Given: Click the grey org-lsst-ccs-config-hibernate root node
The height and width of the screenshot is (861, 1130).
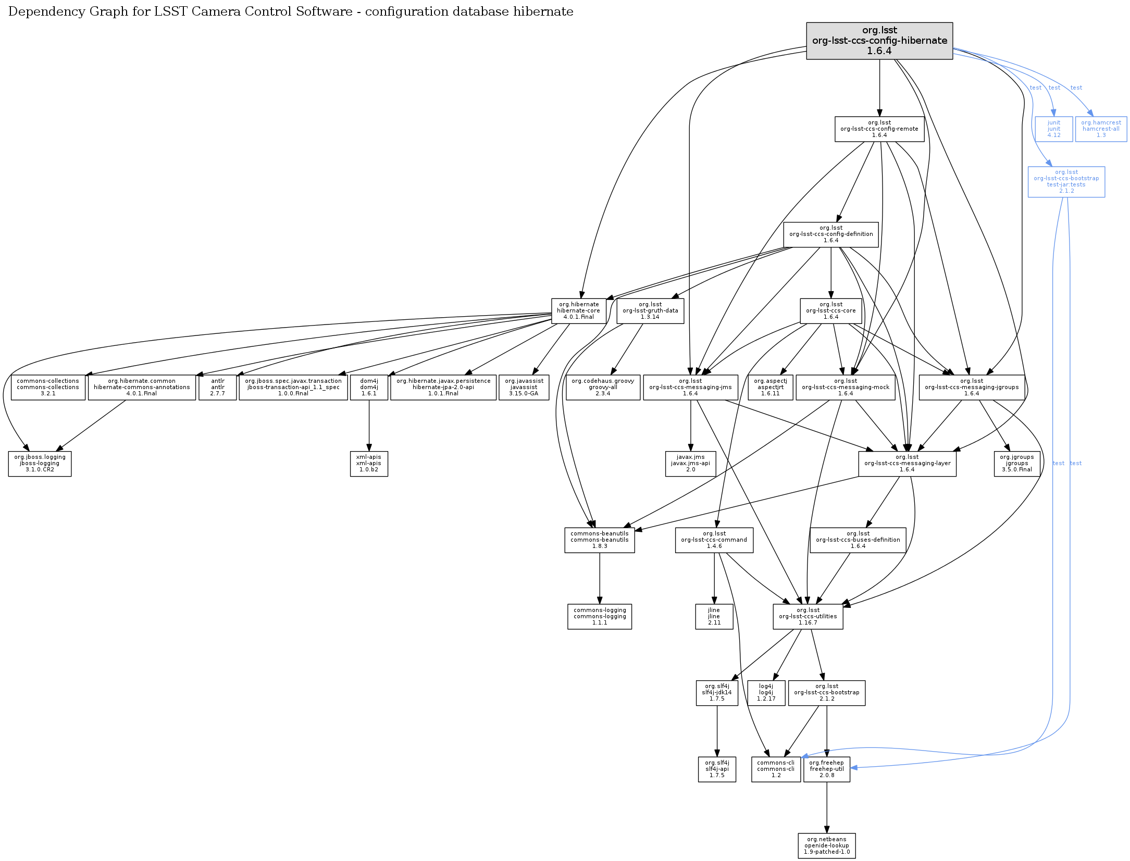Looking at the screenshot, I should coord(879,41).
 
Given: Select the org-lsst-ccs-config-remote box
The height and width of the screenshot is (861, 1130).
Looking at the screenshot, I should coord(879,129).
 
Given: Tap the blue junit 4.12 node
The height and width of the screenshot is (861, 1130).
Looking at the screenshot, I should coord(1053,129).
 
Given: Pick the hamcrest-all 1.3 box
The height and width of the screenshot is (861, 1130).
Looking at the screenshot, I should coord(1101,129).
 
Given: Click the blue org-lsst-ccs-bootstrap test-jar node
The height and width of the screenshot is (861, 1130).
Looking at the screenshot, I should coord(1066,181).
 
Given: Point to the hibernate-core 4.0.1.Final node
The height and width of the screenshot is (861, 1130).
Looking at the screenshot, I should coord(578,310).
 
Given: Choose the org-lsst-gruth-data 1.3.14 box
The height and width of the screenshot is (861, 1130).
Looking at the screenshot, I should coord(650,310).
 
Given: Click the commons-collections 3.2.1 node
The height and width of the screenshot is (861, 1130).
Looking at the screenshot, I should coord(48,387).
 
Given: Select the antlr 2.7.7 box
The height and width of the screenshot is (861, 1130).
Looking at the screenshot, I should coord(218,387).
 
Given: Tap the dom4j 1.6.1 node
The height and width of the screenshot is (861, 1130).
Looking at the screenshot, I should coord(369,387).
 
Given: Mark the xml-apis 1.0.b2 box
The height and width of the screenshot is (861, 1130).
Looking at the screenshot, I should coord(369,463).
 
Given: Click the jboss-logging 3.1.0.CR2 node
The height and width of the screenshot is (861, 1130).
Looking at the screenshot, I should coord(40,463).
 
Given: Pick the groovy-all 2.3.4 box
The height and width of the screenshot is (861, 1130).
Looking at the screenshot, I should coord(603,387).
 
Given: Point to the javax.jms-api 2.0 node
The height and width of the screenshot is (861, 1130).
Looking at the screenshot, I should coord(690,463).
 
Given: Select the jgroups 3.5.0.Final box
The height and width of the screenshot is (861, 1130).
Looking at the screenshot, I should coord(1017,463).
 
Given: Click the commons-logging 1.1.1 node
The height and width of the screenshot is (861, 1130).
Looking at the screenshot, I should coord(600,616).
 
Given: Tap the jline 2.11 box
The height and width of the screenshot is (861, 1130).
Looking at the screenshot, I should coord(714,616).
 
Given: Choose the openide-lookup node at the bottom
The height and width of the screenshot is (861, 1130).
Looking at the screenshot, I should coord(827,845).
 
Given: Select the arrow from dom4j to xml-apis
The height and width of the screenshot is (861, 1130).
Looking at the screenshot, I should coord(369,425).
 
